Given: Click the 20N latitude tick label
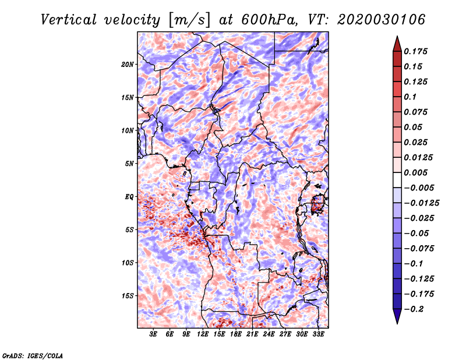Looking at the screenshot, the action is (x=127, y=65).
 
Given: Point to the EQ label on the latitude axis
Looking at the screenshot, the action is (x=129, y=197).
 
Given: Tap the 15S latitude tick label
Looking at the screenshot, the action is (x=128, y=296).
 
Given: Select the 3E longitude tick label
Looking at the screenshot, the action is (x=153, y=334).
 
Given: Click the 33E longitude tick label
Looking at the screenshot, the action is (x=318, y=334).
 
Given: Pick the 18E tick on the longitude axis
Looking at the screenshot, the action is (x=236, y=334).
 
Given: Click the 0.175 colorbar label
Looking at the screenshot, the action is (x=415, y=51).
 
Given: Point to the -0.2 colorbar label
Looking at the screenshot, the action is (x=414, y=309).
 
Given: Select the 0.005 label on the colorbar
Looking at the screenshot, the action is (x=415, y=172).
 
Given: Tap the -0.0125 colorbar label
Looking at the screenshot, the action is (x=421, y=203).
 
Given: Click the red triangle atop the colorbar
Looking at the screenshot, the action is (x=397, y=44).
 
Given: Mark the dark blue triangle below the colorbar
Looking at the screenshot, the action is (x=397, y=316).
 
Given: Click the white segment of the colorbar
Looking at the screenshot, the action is (x=397, y=180).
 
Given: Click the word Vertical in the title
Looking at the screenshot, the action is (x=69, y=20).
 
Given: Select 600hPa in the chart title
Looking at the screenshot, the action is (x=269, y=20).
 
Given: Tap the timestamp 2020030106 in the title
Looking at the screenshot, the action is (x=381, y=20).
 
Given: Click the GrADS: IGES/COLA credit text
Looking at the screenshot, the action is (x=33, y=355).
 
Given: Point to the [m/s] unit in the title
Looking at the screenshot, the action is (x=189, y=20).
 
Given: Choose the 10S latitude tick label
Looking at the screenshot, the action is (x=128, y=263).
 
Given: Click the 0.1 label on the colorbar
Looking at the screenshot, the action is (x=410, y=97).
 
